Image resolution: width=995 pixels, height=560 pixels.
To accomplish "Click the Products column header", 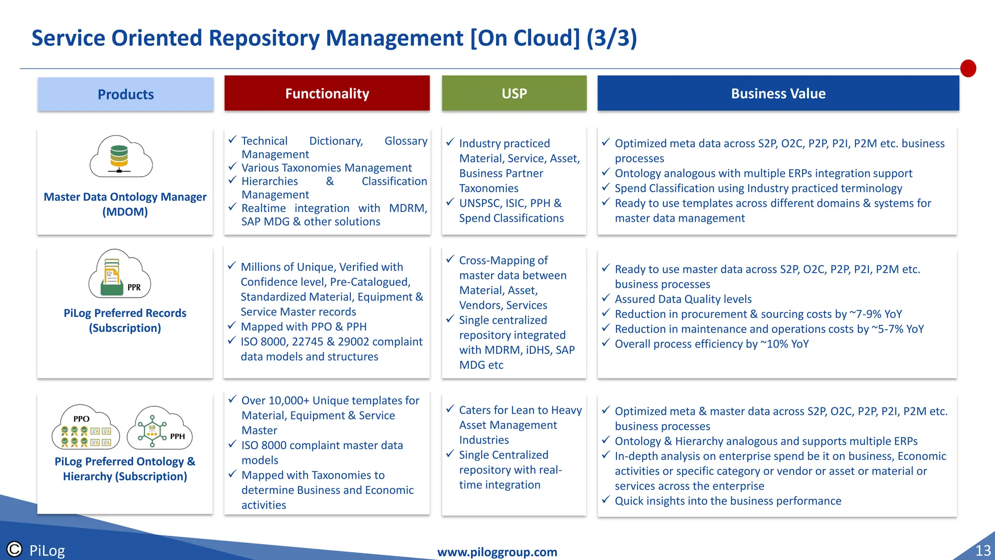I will tap(125, 94).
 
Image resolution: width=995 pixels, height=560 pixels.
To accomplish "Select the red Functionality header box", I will tap(327, 93).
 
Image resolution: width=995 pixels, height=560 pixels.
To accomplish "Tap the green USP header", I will tap(514, 93).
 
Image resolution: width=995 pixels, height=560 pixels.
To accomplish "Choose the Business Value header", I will tap(778, 93).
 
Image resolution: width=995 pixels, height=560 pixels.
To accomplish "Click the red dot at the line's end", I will tap(968, 69).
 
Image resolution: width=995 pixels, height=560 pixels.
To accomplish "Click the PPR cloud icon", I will tap(120, 275).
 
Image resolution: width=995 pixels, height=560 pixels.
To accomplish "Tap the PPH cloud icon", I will tap(159, 428).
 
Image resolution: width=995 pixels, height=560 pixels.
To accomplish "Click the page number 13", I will tap(982, 550).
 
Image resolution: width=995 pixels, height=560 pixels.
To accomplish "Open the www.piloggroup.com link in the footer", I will tap(497, 552).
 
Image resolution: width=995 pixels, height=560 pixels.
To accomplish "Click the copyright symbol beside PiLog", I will tap(15, 549).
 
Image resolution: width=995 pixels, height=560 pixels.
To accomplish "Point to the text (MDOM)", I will tap(125, 212).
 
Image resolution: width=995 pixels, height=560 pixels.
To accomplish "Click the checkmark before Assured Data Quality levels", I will tap(606, 298).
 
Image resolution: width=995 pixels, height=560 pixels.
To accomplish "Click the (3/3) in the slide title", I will tap(611, 38).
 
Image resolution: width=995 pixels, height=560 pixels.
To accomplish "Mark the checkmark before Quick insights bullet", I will tap(606, 500).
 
